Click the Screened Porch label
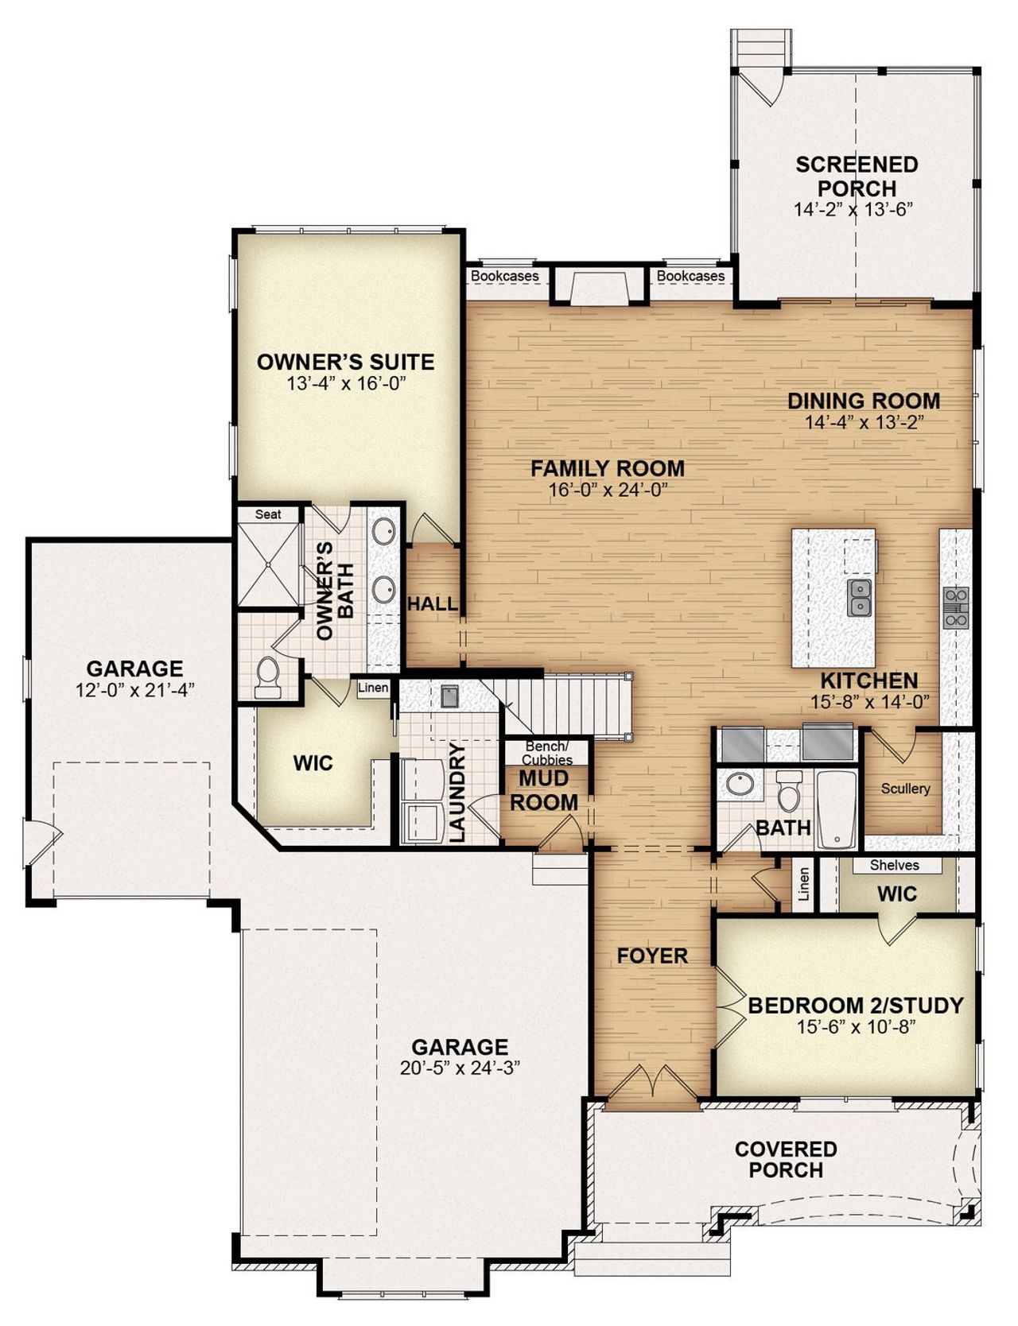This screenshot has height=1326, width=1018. (857, 176)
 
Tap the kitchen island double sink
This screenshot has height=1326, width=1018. (860, 597)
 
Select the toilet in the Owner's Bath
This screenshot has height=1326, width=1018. (268, 677)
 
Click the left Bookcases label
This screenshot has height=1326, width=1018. (505, 276)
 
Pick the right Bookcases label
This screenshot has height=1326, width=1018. (690, 276)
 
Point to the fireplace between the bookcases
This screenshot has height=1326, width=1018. (598, 286)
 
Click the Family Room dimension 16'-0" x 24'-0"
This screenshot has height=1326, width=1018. (607, 490)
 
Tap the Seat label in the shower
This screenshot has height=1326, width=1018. (268, 514)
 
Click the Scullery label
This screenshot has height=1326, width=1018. (905, 789)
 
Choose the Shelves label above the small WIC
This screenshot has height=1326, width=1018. (894, 865)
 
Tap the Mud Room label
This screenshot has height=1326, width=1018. (544, 790)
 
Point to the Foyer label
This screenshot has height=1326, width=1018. (652, 956)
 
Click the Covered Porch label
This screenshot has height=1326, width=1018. (786, 1159)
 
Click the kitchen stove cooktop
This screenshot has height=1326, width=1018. (955, 607)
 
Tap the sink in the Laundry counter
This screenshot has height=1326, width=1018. (449, 696)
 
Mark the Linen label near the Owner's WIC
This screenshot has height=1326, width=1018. (373, 688)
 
